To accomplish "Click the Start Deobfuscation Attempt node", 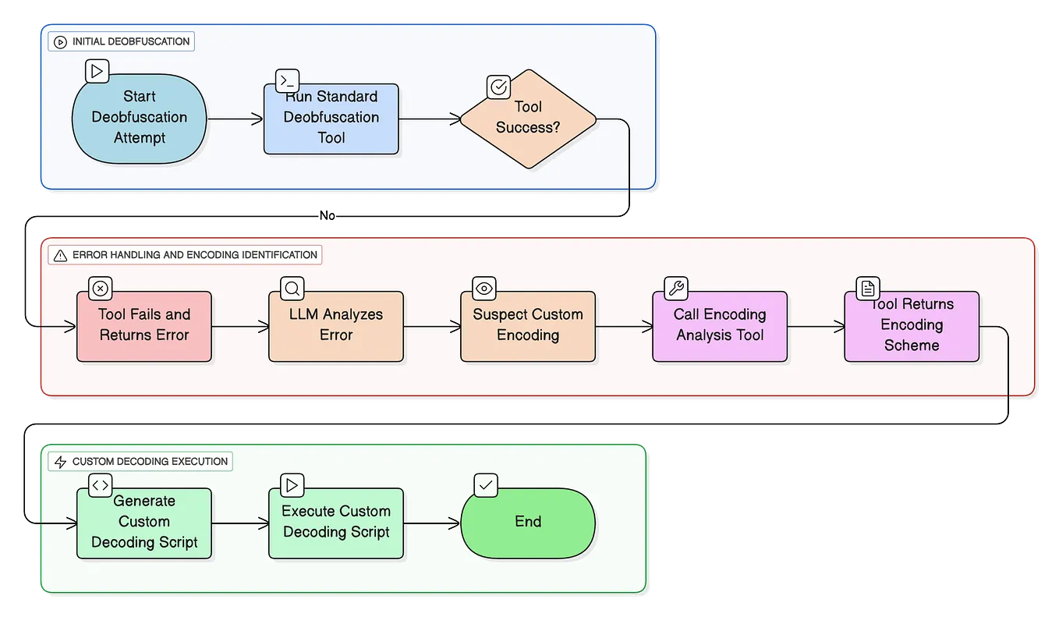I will pyautogui.click(x=140, y=118).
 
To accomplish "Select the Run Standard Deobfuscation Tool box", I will pyautogui.click(x=331, y=119).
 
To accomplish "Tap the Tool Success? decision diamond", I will pyautogui.click(x=528, y=119).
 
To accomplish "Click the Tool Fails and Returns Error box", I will pyautogui.click(x=144, y=326).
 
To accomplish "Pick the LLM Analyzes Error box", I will pyautogui.click(x=336, y=326).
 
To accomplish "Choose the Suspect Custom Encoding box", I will pyautogui.click(x=528, y=326).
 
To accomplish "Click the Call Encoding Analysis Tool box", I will pyautogui.click(x=720, y=326).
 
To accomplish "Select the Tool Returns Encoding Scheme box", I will pyautogui.click(x=912, y=326).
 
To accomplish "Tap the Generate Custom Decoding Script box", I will pyautogui.click(x=144, y=523).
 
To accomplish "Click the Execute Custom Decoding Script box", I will pyautogui.click(x=336, y=523).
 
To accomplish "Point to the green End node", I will pyautogui.click(x=528, y=523).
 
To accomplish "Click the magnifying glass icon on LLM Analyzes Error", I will pyautogui.click(x=292, y=288).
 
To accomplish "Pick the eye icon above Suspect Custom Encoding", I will pyautogui.click(x=484, y=288).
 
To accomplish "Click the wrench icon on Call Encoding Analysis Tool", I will pyautogui.click(x=676, y=288).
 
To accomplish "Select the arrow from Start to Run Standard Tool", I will pyautogui.click(x=236, y=119).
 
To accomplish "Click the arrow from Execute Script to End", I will pyautogui.click(x=432, y=523).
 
